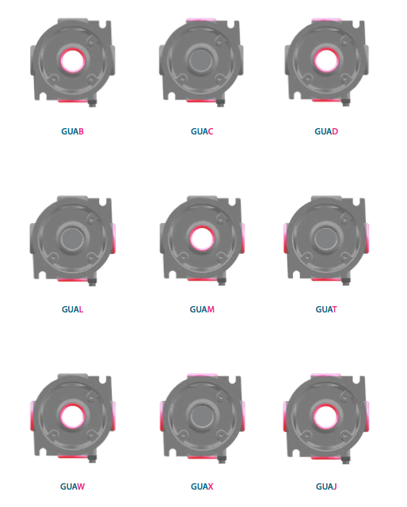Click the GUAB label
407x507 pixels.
click(72, 131)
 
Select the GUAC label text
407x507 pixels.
click(202, 131)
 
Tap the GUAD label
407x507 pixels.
click(326, 131)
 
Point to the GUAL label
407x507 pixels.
click(72, 309)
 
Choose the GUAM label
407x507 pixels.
click(202, 309)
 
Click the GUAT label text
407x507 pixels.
click(326, 309)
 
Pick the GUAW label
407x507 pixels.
click(72, 486)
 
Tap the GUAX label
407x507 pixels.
click(202, 486)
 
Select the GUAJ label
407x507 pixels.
click(326, 486)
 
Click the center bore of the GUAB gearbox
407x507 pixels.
click(73, 60)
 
